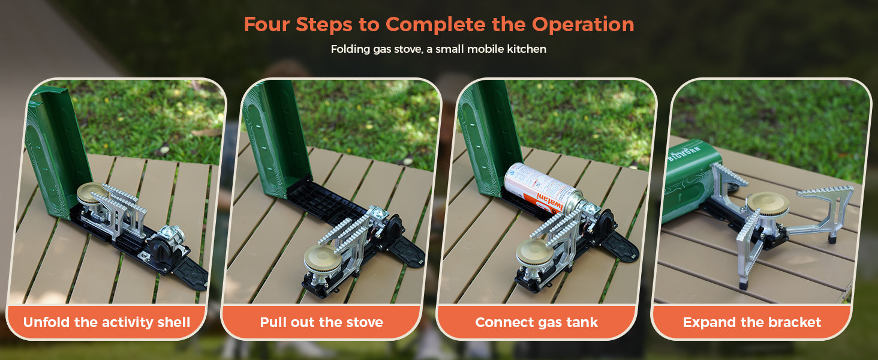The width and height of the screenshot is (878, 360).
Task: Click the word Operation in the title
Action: [583, 25]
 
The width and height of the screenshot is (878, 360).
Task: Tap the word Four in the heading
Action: [266, 25]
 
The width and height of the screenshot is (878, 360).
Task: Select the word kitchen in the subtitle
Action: [527, 49]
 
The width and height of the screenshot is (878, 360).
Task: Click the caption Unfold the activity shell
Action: [107, 322]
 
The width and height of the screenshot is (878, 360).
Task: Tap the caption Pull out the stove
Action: [321, 322]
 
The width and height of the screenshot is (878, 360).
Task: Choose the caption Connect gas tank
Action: [536, 322]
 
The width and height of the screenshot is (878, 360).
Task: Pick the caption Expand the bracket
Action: [752, 322]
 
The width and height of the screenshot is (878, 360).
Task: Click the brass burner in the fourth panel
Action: [768, 203]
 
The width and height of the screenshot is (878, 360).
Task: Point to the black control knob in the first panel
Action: [160, 247]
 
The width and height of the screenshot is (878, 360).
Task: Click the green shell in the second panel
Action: [276, 137]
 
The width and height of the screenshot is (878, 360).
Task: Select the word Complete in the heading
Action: [436, 25]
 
